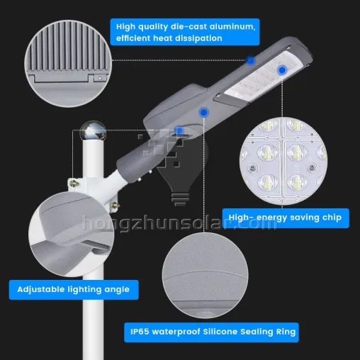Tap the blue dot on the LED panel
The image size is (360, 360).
282,70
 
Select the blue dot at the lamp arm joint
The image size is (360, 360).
179,130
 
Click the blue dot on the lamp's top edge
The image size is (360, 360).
250,60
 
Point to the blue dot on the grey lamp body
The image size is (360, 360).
203,113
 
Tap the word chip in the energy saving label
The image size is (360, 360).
332,218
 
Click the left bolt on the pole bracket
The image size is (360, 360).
74,183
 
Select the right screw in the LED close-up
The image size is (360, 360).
312,168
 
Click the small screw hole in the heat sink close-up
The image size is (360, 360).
100,78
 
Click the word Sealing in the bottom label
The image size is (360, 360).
256,332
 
